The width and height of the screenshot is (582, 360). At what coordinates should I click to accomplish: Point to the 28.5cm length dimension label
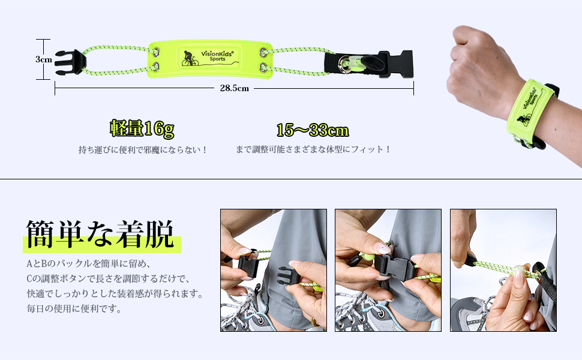[x=234, y=88]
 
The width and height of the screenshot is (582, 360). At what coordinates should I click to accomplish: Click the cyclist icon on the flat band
[x=190, y=58]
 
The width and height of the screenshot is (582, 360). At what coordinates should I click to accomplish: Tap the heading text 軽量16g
[x=142, y=128]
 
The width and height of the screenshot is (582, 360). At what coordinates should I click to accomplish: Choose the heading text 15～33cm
[x=312, y=130]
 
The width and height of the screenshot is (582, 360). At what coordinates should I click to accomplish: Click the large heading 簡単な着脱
[x=100, y=234]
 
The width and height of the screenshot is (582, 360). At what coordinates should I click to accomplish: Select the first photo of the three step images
[x=273, y=270]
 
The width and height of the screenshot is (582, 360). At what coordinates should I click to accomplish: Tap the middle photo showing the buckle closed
[x=388, y=270]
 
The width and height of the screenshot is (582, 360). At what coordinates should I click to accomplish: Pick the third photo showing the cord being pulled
[x=503, y=270]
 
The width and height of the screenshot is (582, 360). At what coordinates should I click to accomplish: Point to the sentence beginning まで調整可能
[x=313, y=149]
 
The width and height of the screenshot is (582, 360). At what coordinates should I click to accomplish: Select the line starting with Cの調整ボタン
[x=107, y=279]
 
